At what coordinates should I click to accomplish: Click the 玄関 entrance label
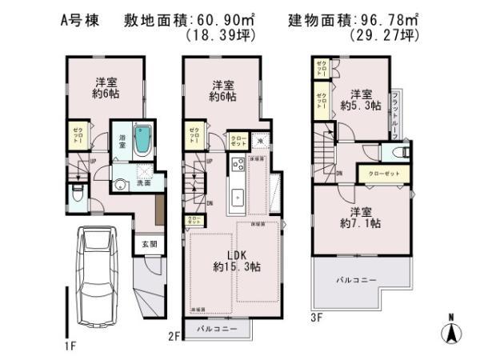click(x=149, y=245)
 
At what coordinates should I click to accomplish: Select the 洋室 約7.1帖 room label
click(x=362, y=218)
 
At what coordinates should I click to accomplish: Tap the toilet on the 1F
click(x=74, y=194)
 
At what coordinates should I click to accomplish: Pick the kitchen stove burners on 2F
click(x=238, y=166)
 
